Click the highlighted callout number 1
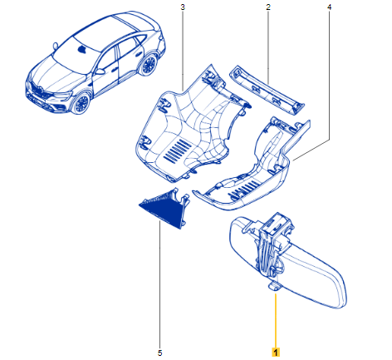click(276, 352)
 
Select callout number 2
click(268, 7)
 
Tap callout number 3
click(183, 7)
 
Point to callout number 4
click(329, 7)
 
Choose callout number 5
click(159, 353)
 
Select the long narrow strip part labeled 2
click(267, 90)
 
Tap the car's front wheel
click(81, 104)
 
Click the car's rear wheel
click(149, 65)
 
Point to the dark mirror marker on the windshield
click(82, 50)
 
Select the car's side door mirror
click(100, 72)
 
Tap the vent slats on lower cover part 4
click(243, 190)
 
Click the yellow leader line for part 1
click(276, 320)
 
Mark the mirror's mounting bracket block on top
click(276, 224)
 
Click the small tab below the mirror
click(274, 287)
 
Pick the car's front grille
click(40, 91)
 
